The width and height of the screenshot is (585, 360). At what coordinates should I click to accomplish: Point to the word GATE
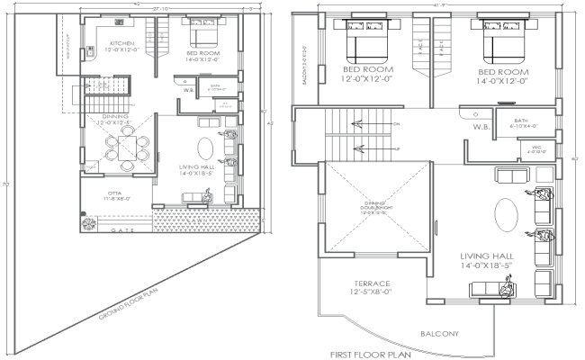click(123, 231)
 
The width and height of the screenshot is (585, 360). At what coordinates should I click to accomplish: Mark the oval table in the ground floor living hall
click(208, 148)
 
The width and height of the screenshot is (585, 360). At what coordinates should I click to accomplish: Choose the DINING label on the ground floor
click(114, 116)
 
